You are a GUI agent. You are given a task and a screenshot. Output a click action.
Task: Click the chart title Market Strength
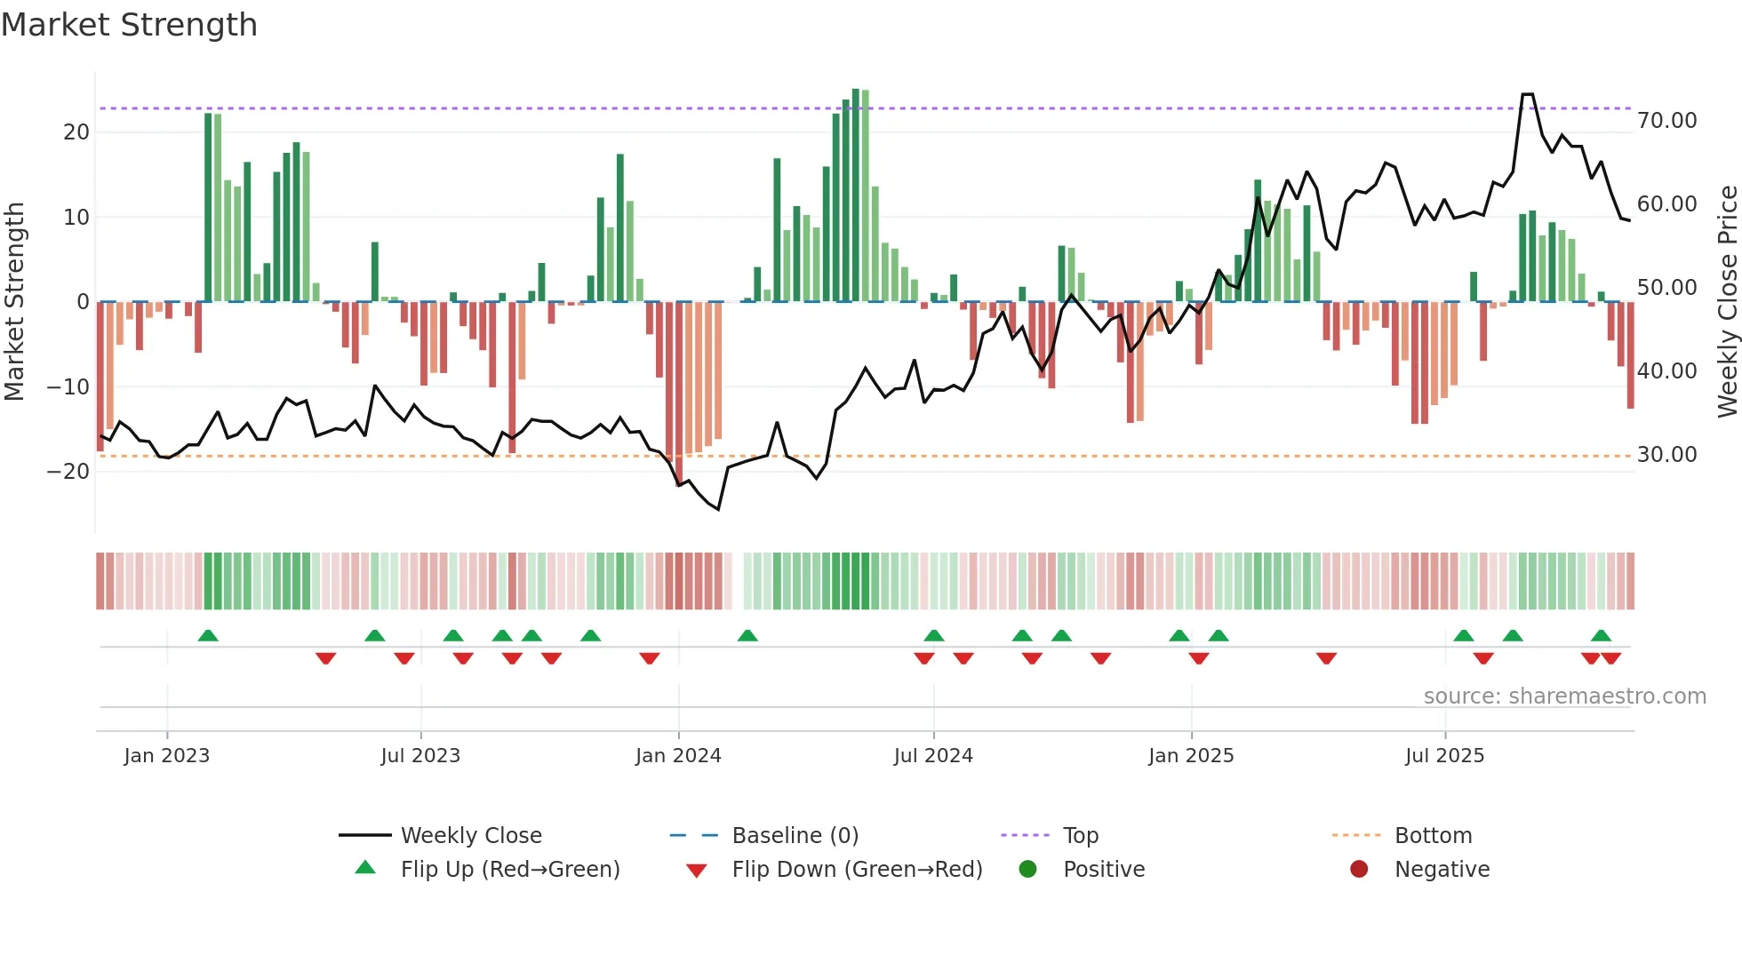pyautogui.click(x=129, y=25)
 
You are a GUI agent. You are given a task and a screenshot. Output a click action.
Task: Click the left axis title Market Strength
pyautogui.click(x=14, y=301)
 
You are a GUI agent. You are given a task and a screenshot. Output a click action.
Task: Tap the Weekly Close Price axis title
pyautogui.click(x=1727, y=301)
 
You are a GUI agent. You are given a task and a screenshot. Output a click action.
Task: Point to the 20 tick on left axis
pyautogui.click(x=76, y=132)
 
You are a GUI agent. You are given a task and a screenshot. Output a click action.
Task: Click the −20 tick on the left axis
pyautogui.click(x=69, y=472)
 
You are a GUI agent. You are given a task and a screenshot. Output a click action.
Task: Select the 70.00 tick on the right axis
pyautogui.click(x=1666, y=121)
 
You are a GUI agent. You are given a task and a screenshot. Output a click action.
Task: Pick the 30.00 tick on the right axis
pyautogui.click(x=1666, y=455)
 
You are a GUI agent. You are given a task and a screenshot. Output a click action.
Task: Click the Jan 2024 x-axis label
pyautogui.click(x=678, y=756)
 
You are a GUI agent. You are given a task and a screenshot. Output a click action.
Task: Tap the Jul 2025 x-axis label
pyautogui.click(x=1444, y=756)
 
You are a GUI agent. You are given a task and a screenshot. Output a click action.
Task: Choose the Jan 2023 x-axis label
pyautogui.click(x=167, y=756)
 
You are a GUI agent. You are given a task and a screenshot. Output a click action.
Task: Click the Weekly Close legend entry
pyautogui.click(x=470, y=836)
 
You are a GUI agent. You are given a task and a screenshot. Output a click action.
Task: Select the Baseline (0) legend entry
pyautogui.click(x=795, y=836)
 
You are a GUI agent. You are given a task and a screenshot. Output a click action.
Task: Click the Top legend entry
pyautogui.click(x=1080, y=836)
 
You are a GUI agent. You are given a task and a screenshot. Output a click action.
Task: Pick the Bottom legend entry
pyautogui.click(x=1433, y=836)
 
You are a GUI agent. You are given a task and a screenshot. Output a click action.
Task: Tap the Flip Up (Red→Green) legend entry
pyautogui.click(x=509, y=870)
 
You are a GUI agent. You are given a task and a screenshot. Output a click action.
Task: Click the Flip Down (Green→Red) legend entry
pyautogui.click(x=857, y=870)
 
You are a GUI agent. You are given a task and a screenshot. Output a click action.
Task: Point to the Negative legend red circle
pyautogui.click(x=1359, y=870)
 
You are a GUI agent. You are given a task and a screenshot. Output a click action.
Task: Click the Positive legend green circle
pyautogui.click(x=1027, y=870)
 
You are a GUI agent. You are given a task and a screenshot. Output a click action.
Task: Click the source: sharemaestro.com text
pyautogui.click(x=1564, y=696)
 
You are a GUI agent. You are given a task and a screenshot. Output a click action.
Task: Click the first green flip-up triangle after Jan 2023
pyautogui.click(x=208, y=636)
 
